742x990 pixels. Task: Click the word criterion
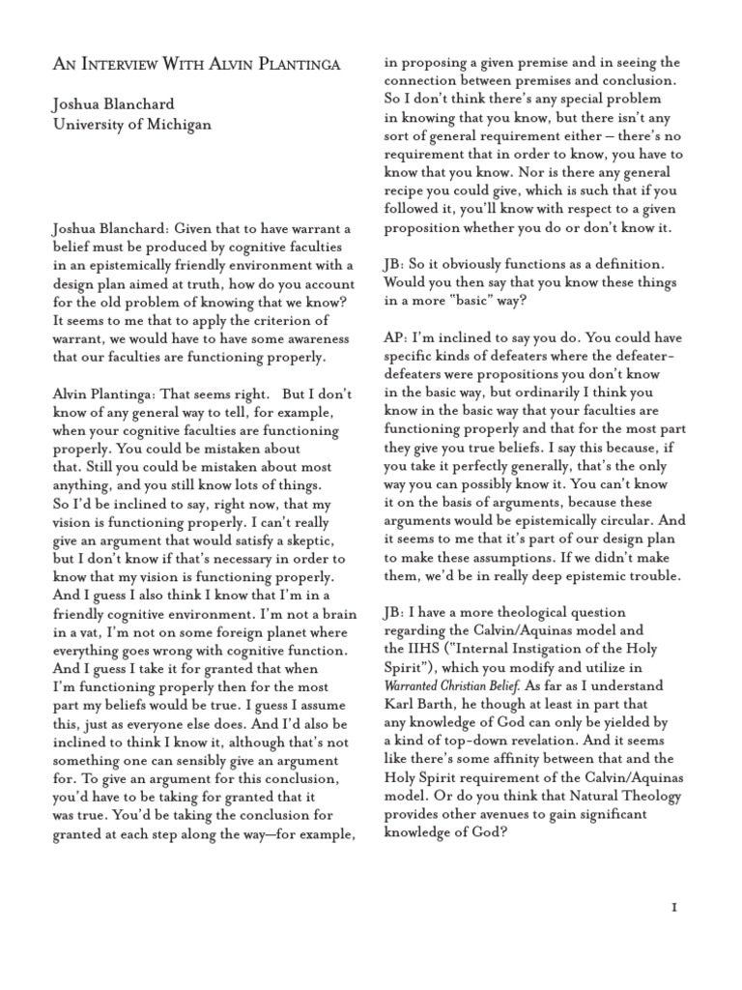[x=290, y=320]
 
